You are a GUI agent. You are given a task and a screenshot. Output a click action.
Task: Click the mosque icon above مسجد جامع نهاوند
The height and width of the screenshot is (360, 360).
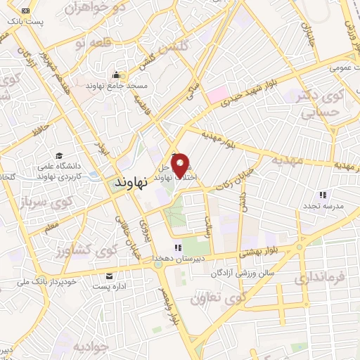[x=115, y=75]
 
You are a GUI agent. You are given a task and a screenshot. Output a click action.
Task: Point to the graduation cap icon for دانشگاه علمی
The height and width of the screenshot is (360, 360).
[x=59, y=156]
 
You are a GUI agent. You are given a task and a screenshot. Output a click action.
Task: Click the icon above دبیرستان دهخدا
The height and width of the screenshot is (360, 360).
[x=178, y=247]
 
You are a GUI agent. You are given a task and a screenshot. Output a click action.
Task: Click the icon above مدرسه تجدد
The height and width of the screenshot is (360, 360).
[x=323, y=195]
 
